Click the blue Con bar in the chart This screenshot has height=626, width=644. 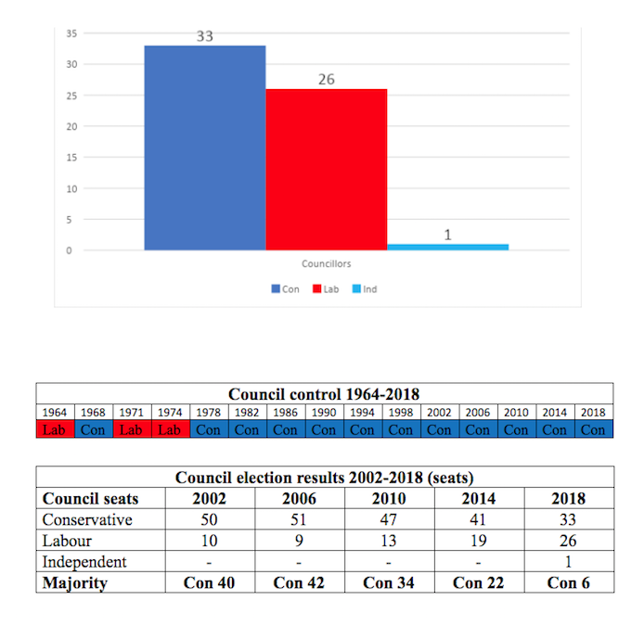[x=205, y=147]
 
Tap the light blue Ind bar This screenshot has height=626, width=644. [x=447, y=247]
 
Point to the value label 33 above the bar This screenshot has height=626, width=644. [x=205, y=37]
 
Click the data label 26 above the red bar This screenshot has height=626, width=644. [x=327, y=80]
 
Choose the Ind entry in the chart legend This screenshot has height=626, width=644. [x=364, y=289]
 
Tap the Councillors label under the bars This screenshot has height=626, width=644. [x=326, y=264]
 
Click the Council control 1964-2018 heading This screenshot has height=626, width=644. [x=324, y=393]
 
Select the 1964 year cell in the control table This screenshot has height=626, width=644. [x=54, y=413]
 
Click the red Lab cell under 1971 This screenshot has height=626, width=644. [x=131, y=430]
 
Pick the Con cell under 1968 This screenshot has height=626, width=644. [x=93, y=430]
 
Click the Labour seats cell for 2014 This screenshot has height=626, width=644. [x=479, y=541]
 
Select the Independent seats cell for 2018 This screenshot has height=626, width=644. [x=568, y=562]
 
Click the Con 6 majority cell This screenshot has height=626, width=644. [x=568, y=582]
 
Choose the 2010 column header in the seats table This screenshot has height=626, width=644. [x=390, y=499]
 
